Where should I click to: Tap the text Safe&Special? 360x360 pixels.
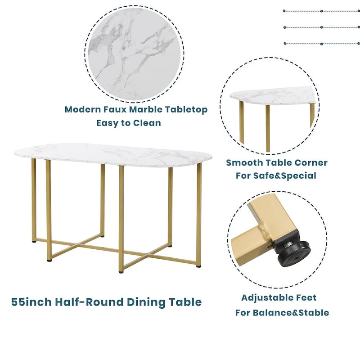[x=285, y=175]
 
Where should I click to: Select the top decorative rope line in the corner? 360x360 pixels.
[x=321, y=11]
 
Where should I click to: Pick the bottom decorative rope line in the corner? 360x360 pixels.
[x=321, y=44]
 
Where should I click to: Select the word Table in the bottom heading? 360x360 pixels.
[x=184, y=301]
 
